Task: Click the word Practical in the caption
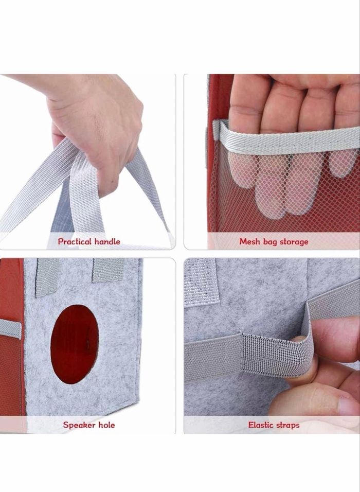coord(75,241)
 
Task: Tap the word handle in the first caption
coord(107,241)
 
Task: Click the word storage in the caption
coord(294,242)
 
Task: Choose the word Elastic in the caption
coord(260,425)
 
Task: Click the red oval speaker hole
coord(75,344)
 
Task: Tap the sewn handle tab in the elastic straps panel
coord(201,282)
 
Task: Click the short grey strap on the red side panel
coord(10,328)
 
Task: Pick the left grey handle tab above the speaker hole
coord(47,277)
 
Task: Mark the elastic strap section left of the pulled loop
coord(212,357)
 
